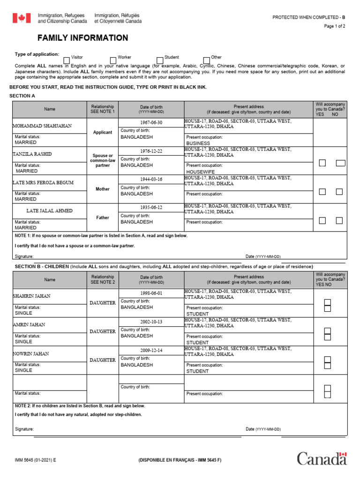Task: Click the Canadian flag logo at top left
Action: [x=21, y=18]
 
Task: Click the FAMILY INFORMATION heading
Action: [x=82, y=38]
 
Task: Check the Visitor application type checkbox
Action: [x=67, y=60]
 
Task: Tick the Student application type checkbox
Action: [x=160, y=60]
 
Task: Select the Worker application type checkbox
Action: [x=113, y=60]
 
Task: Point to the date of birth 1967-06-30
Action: [x=151, y=122]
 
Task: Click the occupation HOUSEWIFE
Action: [x=201, y=172]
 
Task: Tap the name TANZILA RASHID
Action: [x=32, y=154]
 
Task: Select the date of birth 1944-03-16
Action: [x=151, y=179]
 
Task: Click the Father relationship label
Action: [x=103, y=217]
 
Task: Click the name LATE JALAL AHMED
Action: [x=49, y=211]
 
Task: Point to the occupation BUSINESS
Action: [x=198, y=143]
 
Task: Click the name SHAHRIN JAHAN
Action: [x=32, y=296]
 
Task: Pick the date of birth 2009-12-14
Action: [x=151, y=350]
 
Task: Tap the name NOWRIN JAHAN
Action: [x=31, y=353]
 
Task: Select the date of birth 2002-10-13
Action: [x=151, y=322]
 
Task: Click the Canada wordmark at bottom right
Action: [x=322, y=458]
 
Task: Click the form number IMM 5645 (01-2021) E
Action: [x=35, y=460]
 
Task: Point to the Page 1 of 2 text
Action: [x=334, y=26]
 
